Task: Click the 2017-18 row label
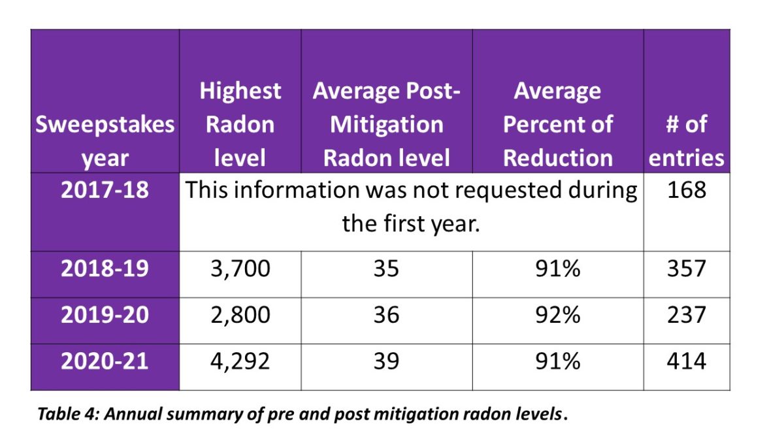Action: [105, 190]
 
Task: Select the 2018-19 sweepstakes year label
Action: [105, 269]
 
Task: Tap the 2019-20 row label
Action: [105, 315]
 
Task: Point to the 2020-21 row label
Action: [105, 361]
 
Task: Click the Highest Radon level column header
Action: [240, 124]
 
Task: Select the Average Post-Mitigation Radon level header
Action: [386, 124]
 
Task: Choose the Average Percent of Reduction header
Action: [558, 124]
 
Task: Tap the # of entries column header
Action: [686, 140]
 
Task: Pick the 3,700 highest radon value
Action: [240, 269]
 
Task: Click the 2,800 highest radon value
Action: [240, 315]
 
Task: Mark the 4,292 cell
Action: [240, 361]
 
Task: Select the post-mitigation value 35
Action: [386, 269]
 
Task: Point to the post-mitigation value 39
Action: [386, 361]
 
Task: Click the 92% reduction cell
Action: [558, 315]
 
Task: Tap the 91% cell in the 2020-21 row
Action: [558, 361]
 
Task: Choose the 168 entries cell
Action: [686, 190]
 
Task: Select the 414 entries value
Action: [686, 361]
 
